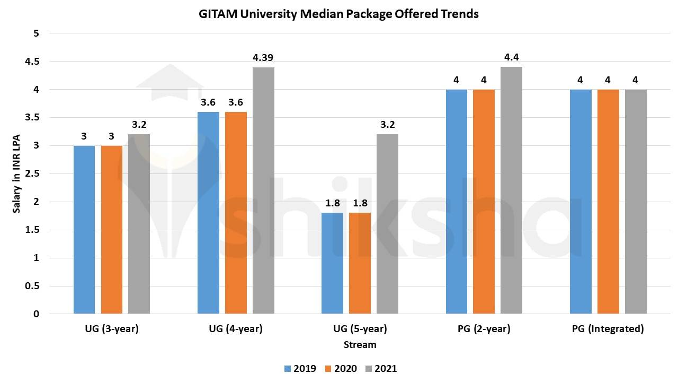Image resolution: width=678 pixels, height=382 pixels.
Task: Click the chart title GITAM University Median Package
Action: click(338, 14)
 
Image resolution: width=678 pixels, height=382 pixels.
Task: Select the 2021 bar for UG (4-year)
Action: click(263, 190)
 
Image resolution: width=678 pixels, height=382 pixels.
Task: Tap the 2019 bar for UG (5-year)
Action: click(332, 263)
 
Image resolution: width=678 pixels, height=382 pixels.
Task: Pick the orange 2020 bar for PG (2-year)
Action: click(484, 202)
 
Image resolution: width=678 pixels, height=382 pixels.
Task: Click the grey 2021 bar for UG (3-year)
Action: click(139, 224)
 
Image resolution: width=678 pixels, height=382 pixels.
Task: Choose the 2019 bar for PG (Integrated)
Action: click(581, 202)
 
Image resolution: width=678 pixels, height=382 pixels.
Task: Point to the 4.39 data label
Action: click(263, 58)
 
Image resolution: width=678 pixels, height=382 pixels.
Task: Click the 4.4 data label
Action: click(511, 57)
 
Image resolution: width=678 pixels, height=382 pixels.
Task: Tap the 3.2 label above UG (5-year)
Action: click(387, 125)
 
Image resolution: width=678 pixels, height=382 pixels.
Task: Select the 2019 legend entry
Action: click(300, 368)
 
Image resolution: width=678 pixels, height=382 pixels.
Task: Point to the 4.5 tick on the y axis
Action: click(32, 62)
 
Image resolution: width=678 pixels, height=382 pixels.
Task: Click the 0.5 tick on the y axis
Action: click(32, 286)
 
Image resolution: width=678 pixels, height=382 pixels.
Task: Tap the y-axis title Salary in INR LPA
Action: click(17, 173)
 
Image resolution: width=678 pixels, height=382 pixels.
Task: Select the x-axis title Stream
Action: click(360, 345)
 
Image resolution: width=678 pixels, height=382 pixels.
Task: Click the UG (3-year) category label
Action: click(111, 329)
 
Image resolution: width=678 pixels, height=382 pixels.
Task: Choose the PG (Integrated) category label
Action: click(608, 329)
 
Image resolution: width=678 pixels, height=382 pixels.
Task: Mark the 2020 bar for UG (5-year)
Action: click(360, 263)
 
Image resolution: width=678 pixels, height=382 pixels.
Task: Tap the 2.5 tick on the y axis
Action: click(32, 173)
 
